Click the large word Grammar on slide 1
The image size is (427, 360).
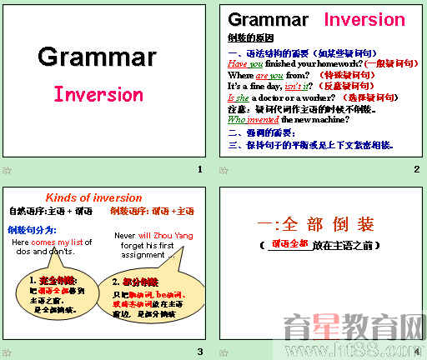coord(97,57)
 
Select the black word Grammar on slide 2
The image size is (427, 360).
coord(268,20)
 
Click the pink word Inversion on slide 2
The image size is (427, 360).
coord(364,20)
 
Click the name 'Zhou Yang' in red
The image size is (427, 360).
coord(173,236)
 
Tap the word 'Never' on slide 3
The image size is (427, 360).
coord(125,236)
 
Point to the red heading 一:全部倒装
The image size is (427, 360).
coord(320,224)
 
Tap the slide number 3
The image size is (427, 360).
coord(199,351)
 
